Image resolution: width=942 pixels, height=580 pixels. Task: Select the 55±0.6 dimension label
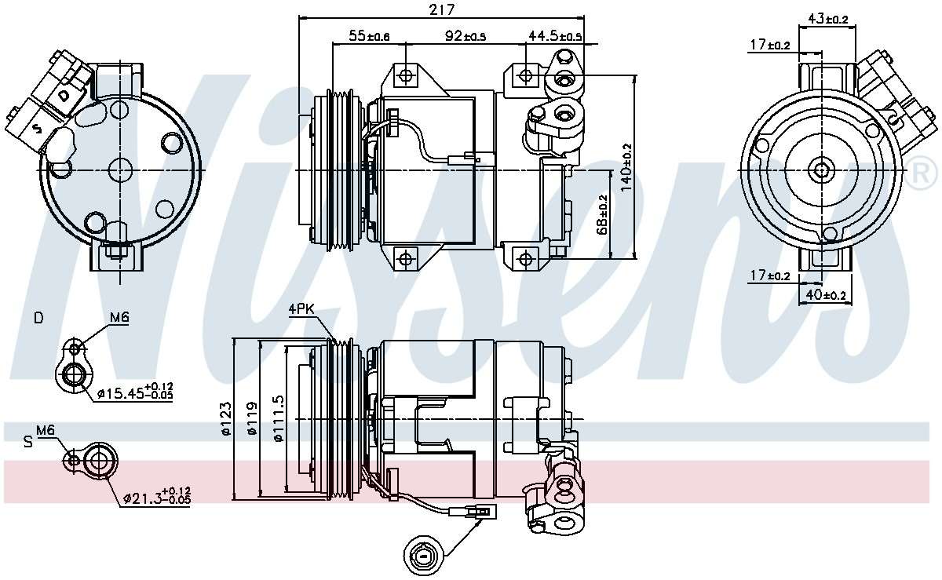[x=369, y=36]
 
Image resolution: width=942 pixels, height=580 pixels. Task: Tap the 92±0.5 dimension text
[x=466, y=36]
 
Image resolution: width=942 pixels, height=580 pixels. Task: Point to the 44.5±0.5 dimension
[x=555, y=36]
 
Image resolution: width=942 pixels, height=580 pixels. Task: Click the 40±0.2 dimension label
[x=825, y=295]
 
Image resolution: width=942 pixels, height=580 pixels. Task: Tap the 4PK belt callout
[x=301, y=309]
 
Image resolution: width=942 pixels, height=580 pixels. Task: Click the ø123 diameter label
[x=227, y=419]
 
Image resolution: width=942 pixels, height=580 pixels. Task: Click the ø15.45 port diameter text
[x=134, y=392]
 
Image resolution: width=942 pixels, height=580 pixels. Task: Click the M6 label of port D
[x=119, y=317]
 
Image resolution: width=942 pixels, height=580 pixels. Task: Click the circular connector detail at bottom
[x=423, y=556]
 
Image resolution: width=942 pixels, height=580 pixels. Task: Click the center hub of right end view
[x=822, y=169]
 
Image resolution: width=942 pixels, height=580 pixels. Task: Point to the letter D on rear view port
[x=64, y=94]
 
